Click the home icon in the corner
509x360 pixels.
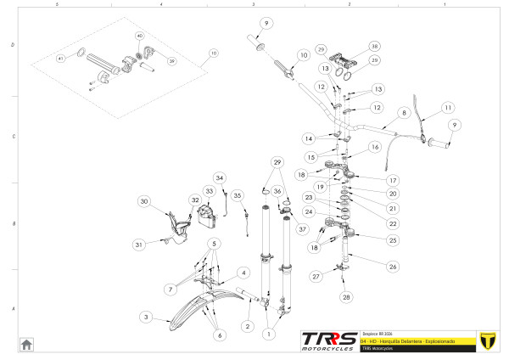(26, 344)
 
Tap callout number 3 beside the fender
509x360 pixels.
(146, 317)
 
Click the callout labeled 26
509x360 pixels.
(392, 267)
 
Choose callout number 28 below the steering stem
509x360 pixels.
(346, 297)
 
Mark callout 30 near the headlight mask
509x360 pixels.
(144, 201)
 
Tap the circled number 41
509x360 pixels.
(60, 59)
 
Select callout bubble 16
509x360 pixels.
(374, 147)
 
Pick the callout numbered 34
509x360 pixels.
(219, 177)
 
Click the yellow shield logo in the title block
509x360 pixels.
(487, 339)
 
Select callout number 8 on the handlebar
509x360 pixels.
(404, 113)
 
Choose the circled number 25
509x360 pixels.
(392, 240)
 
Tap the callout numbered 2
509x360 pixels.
(247, 326)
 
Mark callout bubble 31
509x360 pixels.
(138, 245)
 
